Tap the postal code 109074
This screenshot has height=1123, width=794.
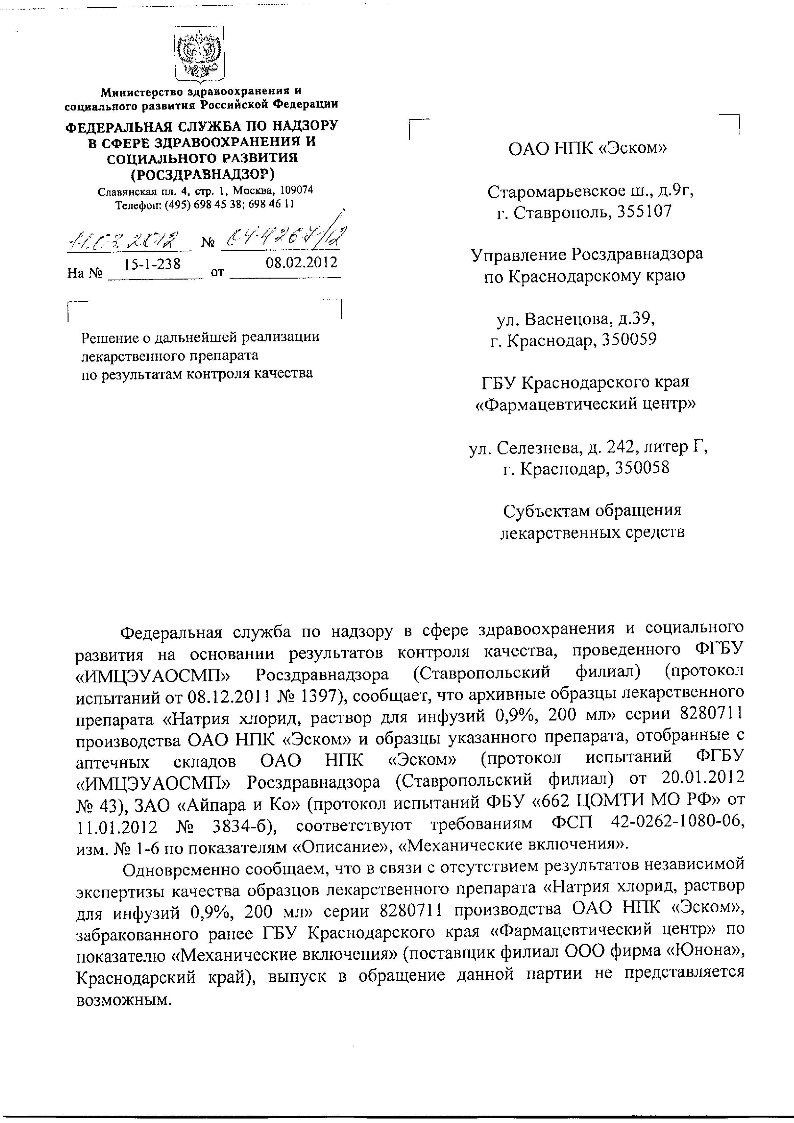coord(296,190)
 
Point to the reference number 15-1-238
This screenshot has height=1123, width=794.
coord(152,264)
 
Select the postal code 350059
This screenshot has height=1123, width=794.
coord(630,339)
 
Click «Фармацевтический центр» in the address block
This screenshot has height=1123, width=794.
coord(586,404)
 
